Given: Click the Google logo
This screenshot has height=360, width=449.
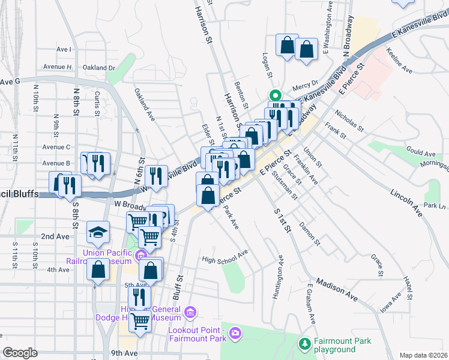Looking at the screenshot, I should click(x=20, y=353).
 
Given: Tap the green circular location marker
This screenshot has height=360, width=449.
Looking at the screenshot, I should click(x=275, y=95).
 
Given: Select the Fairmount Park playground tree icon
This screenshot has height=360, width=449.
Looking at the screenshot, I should click(x=305, y=344).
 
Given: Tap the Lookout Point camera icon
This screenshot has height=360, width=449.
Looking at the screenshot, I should click(x=235, y=332).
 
